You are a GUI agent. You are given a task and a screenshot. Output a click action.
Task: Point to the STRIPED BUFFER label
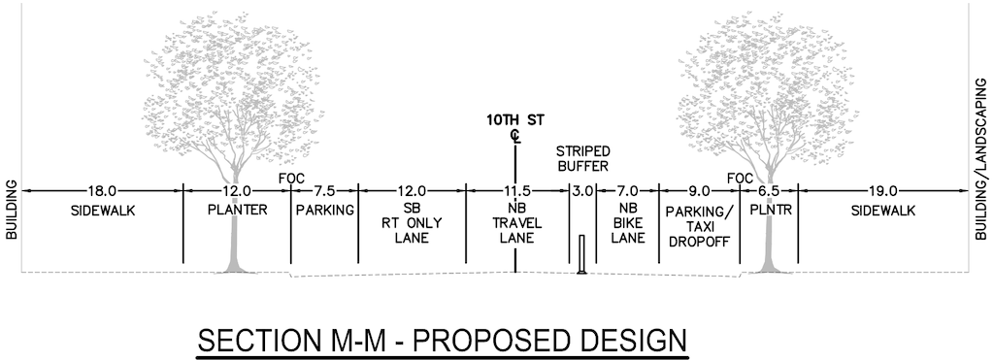pos(582,159)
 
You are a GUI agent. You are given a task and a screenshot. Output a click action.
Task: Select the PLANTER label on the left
pos(237,209)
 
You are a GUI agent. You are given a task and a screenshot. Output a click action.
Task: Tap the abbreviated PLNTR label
pos(769,209)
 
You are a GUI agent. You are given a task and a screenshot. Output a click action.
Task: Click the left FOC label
pos(291,179)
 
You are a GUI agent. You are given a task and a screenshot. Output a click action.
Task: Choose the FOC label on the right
pos(740,179)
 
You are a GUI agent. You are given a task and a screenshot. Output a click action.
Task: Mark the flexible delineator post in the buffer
pos(581,254)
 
